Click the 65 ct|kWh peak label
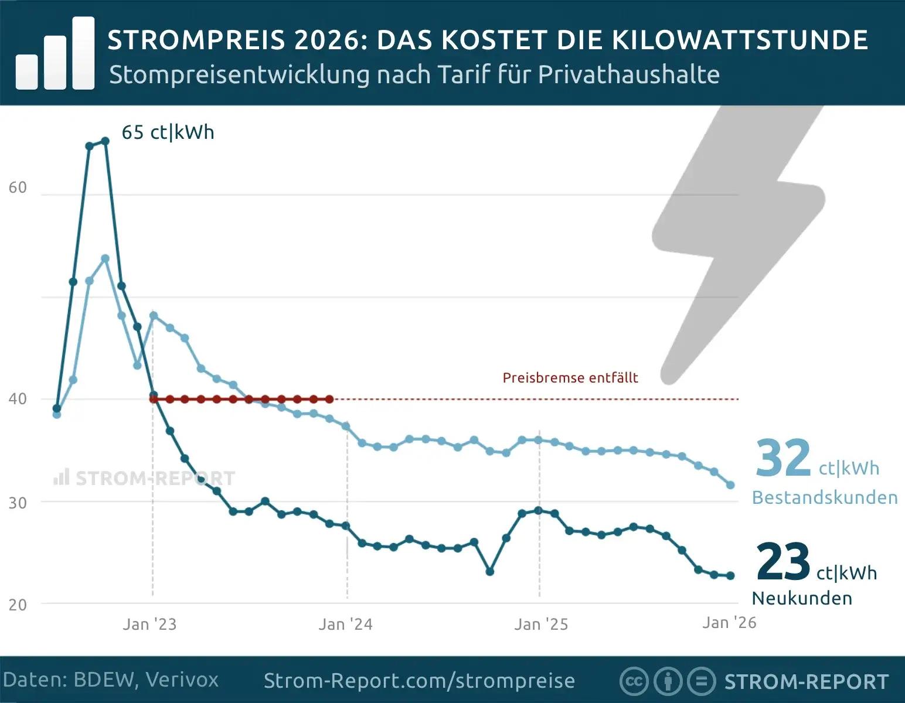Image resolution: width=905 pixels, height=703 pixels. coord(168,132)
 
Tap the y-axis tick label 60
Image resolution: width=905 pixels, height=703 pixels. coord(18,187)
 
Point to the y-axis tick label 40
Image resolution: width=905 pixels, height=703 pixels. coord(18,399)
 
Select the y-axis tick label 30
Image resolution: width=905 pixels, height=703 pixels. coord(18,503)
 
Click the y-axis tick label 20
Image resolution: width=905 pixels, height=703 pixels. coord(18,605)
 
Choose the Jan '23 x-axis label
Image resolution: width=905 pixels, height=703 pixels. coord(149,624)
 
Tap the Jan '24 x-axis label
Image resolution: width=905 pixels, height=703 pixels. coord(345,624)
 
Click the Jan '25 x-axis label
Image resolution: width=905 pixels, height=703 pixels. coord(541,624)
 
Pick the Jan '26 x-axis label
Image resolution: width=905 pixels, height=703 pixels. coord(729,622)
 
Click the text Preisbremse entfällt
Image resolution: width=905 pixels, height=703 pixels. coord(570,378)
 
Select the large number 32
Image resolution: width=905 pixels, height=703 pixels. coord(783,458)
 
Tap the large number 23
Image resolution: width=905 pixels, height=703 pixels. coord(783,561)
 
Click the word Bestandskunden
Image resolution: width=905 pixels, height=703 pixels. coord(825,497)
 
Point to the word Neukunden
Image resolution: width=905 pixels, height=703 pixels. coord(802,598)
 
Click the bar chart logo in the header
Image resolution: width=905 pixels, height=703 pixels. coord(56,54)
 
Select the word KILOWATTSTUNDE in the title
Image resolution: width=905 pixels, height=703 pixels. coord(740,40)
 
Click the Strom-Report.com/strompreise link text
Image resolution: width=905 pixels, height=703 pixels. coord(419,681)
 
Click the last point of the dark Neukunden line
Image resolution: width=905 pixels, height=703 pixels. coord(730,576)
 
